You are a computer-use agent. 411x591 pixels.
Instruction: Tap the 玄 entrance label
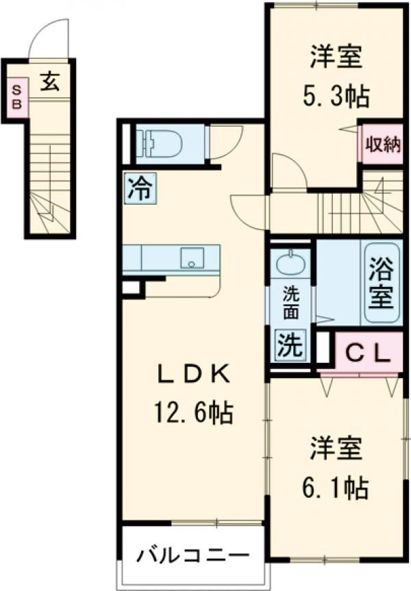click(x=49, y=83)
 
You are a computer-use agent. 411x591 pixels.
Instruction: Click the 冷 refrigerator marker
click(x=140, y=188)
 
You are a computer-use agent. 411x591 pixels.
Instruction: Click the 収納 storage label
click(x=382, y=144)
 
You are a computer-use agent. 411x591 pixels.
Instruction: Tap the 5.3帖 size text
click(x=336, y=97)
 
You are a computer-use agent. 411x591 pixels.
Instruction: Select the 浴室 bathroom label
click(x=382, y=283)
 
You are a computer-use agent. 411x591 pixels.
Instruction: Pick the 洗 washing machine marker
click(x=290, y=344)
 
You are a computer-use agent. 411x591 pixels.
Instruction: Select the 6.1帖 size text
click(x=336, y=487)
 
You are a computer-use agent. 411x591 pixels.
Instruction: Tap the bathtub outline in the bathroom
click(x=382, y=283)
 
